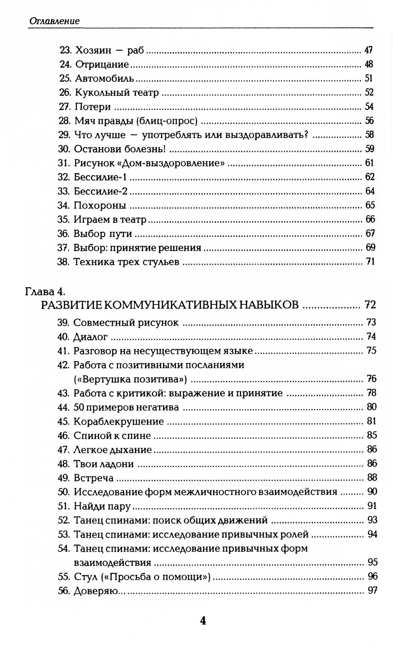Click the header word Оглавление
coord(54,21)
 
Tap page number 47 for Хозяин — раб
coord(368,50)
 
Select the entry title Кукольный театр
coord(117,93)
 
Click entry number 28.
coord(64,121)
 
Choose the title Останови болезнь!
coord(119,149)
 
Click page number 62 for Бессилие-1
coord(369,177)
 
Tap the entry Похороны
coord(100,205)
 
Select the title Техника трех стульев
coord(126,262)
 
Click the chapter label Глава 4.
coord(45,292)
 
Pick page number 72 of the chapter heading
coord(370,305)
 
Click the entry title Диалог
coord(90,337)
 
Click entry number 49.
coord(64,478)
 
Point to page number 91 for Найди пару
coord(372,506)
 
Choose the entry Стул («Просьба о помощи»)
coord(142,577)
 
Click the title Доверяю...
coord(96,591)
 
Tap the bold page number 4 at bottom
coord(203,621)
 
